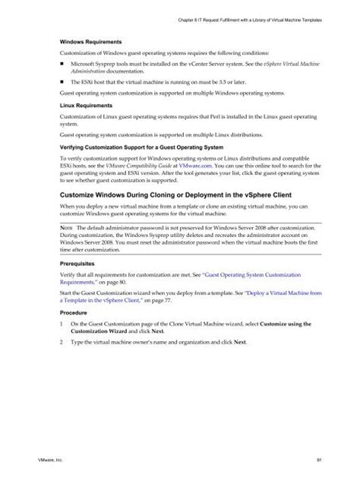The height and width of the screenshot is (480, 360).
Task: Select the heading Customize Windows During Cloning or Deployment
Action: pos(175,195)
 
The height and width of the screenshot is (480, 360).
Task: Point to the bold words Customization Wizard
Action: pos(102,332)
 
